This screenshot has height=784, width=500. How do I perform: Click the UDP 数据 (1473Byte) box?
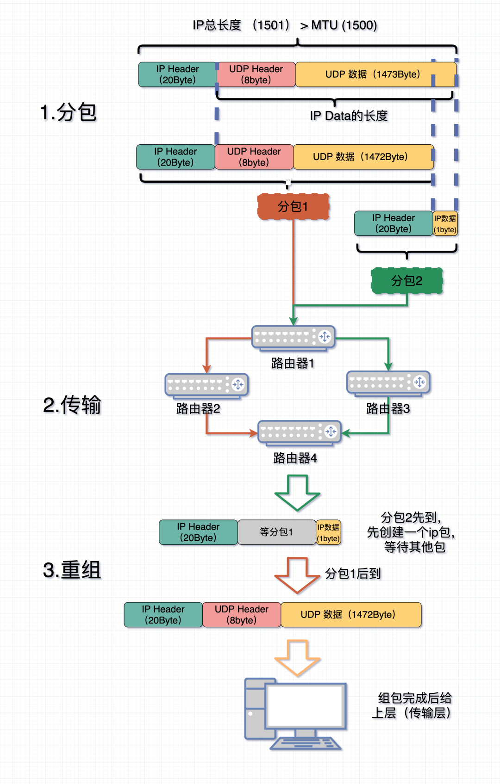tap(373, 74)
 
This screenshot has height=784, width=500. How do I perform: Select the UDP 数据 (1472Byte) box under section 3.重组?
tap(351, 615)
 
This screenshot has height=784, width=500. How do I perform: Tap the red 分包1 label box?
tap(293, 206)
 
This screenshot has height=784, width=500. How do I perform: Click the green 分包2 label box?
tap(406, 281)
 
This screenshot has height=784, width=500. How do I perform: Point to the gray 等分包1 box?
tap(276, 532)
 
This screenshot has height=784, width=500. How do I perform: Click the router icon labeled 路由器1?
tap(293, 338)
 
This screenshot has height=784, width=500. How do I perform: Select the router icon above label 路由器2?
tap(206, 385)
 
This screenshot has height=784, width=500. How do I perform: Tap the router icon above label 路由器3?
tap(388, 383)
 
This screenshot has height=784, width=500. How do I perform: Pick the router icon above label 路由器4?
tap(299, 432)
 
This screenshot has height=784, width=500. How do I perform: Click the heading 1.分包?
tap(69, 112)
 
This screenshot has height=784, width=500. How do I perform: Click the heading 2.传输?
tap(72, 405)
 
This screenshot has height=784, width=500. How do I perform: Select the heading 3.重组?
tap(72, 570)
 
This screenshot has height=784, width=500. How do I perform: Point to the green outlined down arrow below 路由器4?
tap(297, 493)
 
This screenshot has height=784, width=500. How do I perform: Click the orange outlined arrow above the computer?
tap(297, 658)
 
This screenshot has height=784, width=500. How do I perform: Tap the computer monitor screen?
tap(306, 706)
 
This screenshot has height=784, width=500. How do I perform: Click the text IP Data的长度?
tap(349, 116)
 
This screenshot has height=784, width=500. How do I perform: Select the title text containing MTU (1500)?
tap(285, 25)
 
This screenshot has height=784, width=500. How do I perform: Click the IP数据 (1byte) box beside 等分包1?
tap(329, 532)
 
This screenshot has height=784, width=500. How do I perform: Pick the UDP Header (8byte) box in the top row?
tap(256, 74)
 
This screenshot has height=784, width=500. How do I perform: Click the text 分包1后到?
tap(353, 574)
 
